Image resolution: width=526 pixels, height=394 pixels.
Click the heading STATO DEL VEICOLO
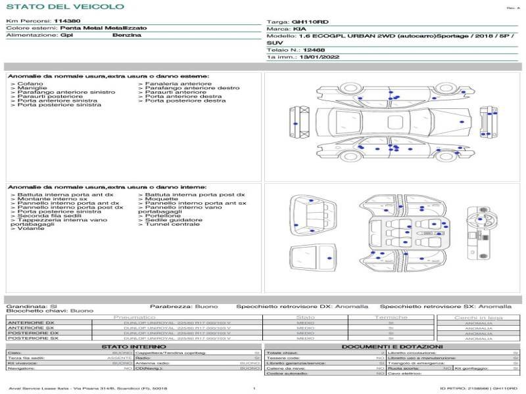click(x=65, y=7)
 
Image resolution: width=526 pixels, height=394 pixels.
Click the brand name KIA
click(x=299, y=30)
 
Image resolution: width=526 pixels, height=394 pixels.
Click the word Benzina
click(x=127, y=35)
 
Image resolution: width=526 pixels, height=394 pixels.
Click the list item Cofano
click(x=30, y=84)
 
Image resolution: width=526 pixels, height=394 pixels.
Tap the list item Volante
click(x=31, y=229)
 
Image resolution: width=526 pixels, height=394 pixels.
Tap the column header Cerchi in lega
click(x=479, y=317)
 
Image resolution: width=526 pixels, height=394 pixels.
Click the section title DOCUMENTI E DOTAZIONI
click(x=392, y=347)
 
